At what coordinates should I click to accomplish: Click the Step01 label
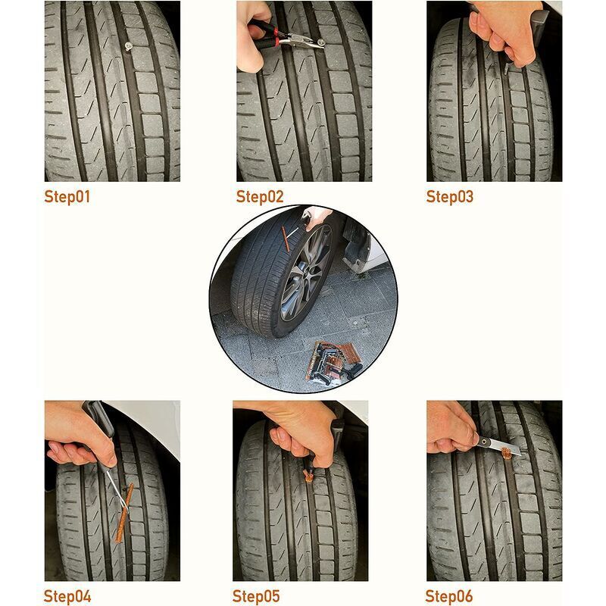(x=67, y=197)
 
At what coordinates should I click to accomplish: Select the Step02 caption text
(x=260, y=197)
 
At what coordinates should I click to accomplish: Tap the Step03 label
(x=449, y=197)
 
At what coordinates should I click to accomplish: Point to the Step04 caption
(x=67, y=596)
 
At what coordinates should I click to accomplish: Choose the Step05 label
(x=256, y=596)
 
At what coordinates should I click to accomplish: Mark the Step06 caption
(x=448, y=596)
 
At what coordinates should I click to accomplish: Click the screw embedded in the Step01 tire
(x=128, y=46)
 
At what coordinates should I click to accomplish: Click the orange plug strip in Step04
(x=124, y=513)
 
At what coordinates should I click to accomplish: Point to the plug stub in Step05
(x=308, y=476)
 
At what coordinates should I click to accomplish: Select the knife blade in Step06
(x=499, y=445)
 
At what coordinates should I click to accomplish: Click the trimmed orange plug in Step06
(x=506, y=453)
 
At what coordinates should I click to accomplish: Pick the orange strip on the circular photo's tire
(x=286, y=239)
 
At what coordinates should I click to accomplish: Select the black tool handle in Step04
(x=99, y=420)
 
